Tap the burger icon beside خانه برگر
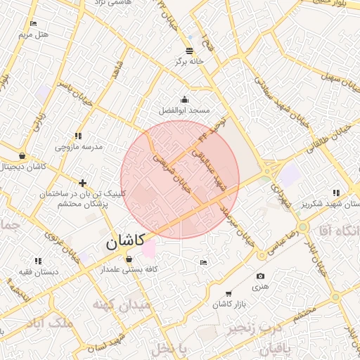pos(189,50)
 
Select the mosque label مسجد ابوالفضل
pos(185,111)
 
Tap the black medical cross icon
pos(83,183)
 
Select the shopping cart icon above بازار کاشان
pos(229,293)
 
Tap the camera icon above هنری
pos(261,276)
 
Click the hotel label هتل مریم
pos(34,34)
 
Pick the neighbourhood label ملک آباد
pos(48,322)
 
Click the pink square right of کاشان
pos(148,248)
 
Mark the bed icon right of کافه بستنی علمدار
pos(203,262)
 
